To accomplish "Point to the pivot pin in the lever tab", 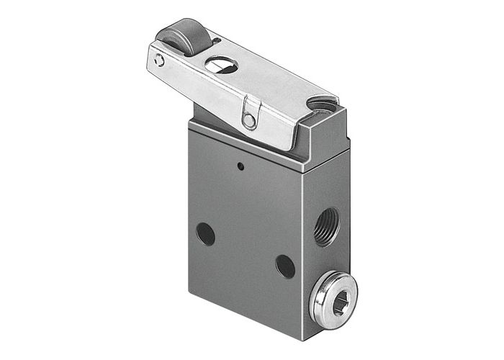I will tap(249, 120).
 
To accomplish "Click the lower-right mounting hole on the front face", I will tap(285, 266).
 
